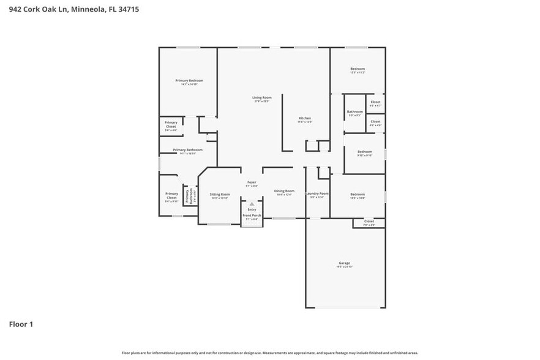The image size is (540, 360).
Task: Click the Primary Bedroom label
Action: pyautogui.click(x=189, y=81)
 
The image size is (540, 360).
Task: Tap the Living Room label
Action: pyautogui.click(x=261, y=97)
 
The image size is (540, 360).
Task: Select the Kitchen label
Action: pyautogui.click(x=304, y=118)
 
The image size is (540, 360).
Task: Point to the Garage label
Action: pyautogui.click(x=344, y=263)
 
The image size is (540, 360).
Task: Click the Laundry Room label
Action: pyautogui.click(x=317, y=193)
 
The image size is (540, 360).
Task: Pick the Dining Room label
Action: pyautogui.click(x=283, y=191)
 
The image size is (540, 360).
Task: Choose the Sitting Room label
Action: pyautogui.click(x=219, y=194)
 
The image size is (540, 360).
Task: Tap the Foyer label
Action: pyautogui.click(x=252, y=182)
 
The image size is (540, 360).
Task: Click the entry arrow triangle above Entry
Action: pyautogui.click(x=251, y=204)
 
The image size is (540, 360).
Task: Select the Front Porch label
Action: pyautogui.click(x=252, y=216)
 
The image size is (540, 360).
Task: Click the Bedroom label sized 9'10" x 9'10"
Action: pyautogui.click(x=365, y=152)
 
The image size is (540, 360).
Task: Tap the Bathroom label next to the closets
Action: pyautogui.click(x=354, y=112)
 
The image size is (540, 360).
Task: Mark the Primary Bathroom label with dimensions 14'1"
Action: pyautogui.click(x=187, y=150)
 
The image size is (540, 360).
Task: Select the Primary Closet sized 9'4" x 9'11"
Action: pyautogui.click(x=171, y=196)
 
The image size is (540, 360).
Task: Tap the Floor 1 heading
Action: pyautogui.click(x=21, y=324)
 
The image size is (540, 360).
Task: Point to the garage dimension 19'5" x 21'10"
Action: pyautogui.click(x=344, y=267)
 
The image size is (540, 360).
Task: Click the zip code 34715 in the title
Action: pyautogui.click(x=129, y=10)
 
